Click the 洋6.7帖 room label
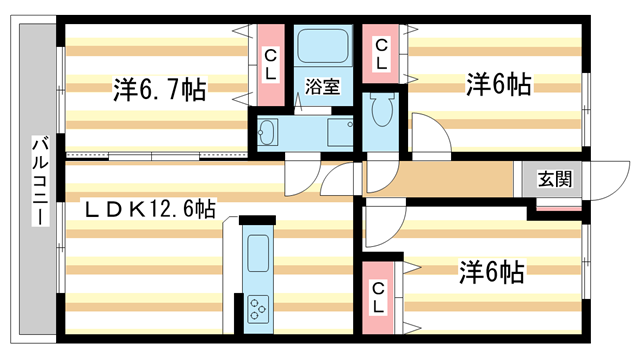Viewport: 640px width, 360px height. (x=159, y=90)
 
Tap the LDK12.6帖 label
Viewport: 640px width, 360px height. (x=148, y=209)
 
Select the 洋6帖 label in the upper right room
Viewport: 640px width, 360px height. (x=496, y=85)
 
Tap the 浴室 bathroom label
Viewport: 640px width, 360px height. (x=322, y=86)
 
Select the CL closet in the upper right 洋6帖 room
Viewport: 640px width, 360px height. (x=382, y=52)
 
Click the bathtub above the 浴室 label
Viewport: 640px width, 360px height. (x=321, y=46)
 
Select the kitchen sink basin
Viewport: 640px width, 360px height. (x=257, y=253)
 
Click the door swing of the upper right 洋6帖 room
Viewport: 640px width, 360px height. (x=428, y=135)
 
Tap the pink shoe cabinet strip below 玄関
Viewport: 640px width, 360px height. (x=556, y=207)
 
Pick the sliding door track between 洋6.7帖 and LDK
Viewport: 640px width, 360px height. (x=155, y=156)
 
